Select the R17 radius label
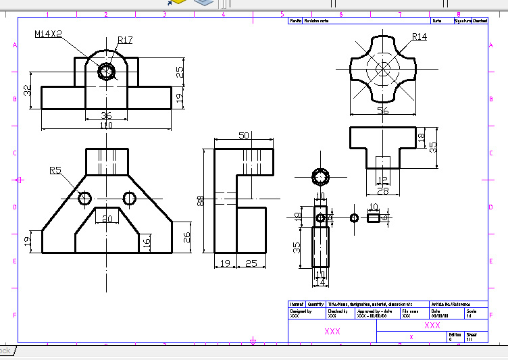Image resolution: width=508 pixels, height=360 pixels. pos(125,41)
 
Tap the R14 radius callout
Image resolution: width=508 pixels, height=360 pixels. pos(420,36)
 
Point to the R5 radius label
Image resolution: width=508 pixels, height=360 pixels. pos(57,171)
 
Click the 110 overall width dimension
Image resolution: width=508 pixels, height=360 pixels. pos(106,126)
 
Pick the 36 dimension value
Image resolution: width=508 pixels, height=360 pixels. pos(106,115)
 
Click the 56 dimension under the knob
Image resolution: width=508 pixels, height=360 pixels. pos(383,111)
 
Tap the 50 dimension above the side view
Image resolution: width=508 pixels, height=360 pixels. pos(244,136)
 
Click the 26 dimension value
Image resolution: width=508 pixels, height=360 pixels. pos(188,236)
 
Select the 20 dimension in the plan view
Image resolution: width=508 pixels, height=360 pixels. pos(106,218)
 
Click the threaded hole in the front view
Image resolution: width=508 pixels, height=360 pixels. pos(106,71)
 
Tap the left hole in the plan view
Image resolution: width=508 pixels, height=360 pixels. pos(84,198)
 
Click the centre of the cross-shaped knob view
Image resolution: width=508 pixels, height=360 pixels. pos(382,68)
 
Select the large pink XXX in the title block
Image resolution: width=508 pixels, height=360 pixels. pos(332,332)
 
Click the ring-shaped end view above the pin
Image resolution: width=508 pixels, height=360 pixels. pos(320,177)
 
